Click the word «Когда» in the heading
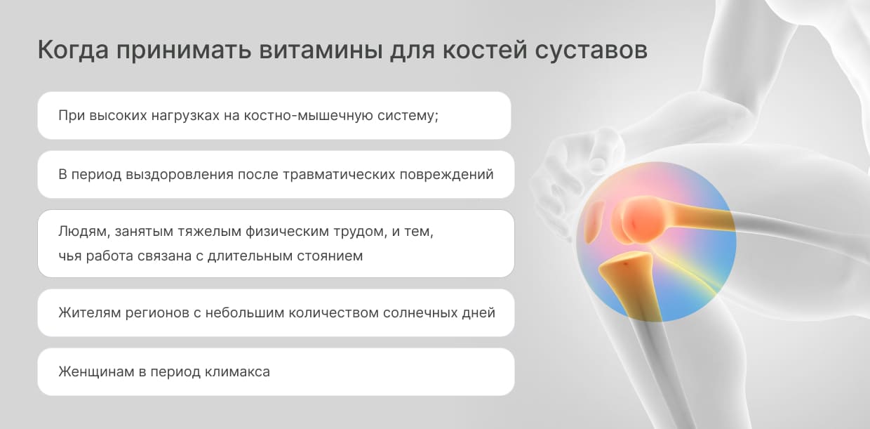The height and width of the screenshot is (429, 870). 73,51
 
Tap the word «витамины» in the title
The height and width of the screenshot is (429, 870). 321,51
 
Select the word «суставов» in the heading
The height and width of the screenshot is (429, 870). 591,51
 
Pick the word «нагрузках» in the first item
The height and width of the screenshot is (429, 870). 185,115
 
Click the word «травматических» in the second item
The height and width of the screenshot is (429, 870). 339,174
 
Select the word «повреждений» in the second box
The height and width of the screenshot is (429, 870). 447,174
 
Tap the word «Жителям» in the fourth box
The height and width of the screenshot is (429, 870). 89,312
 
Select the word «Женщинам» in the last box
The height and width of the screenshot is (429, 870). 96,372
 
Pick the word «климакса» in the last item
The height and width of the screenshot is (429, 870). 237,372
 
